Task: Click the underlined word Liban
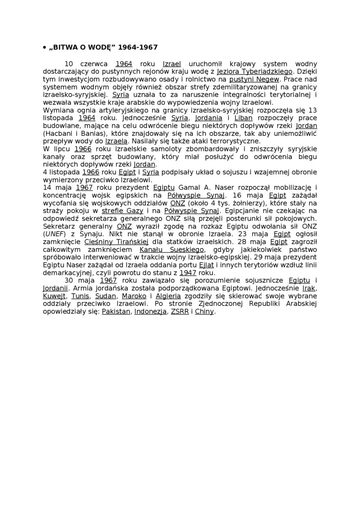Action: point(243,118)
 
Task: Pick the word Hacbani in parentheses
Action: point(59,133)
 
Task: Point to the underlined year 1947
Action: point(188,272)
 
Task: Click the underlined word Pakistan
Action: point(116,311)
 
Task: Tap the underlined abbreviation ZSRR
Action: point(179,311)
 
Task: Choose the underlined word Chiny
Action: point(205,311)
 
